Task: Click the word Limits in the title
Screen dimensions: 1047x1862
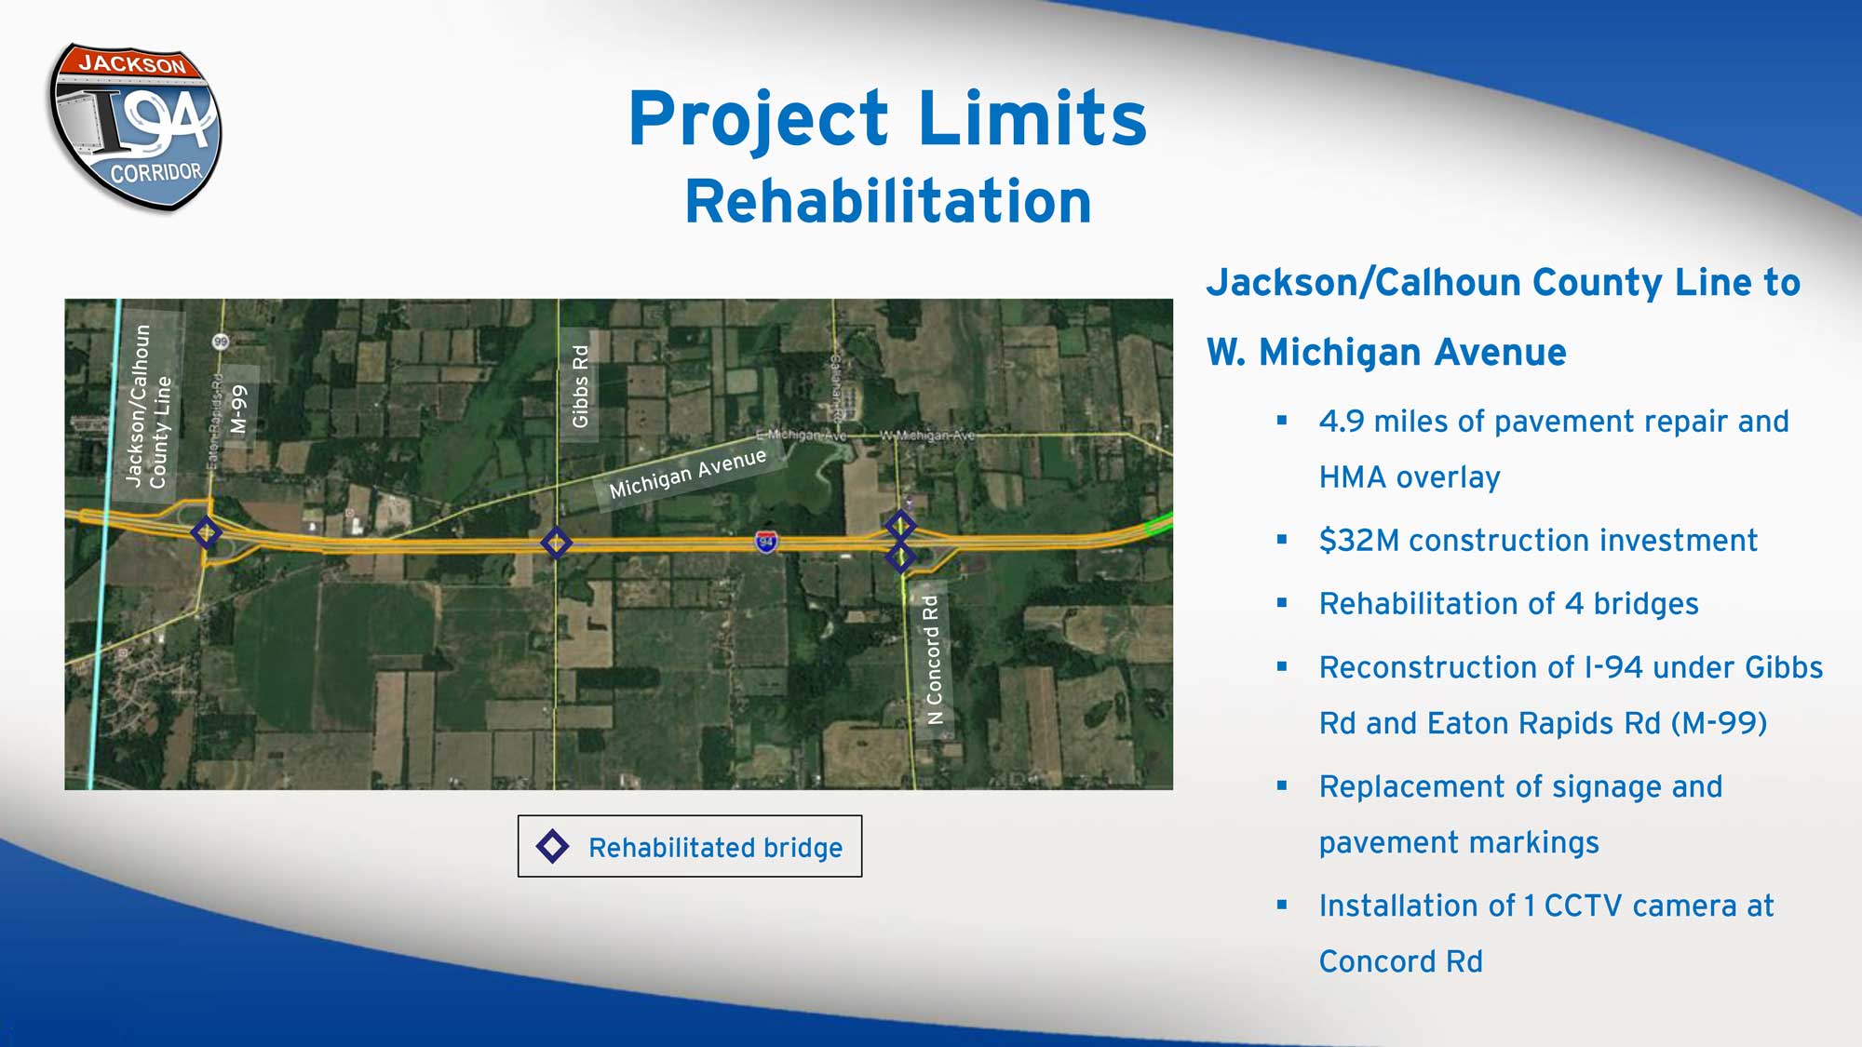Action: coord(1032,119)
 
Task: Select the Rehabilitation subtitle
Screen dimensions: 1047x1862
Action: coord(888,201)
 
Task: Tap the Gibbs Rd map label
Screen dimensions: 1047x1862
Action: coord(580,386)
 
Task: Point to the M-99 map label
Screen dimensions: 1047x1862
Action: coord(239,409)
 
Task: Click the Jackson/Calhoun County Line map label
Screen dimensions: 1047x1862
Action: coord(149,406)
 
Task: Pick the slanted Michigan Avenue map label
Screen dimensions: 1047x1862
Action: coord(687,473)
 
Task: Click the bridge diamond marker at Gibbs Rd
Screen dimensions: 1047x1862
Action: coord(556,543)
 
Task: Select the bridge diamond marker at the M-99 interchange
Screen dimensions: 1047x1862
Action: coord(206,532)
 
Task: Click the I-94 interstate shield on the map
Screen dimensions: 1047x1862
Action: coord(766,541)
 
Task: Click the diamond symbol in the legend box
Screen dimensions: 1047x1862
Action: coord(552,846)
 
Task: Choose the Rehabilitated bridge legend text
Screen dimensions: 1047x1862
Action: coord(715,848)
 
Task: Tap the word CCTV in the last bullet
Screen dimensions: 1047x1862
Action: coord(1583,906)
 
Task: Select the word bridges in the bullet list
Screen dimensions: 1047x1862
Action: coord(1645,604)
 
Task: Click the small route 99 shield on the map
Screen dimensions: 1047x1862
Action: coord(220,342)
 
